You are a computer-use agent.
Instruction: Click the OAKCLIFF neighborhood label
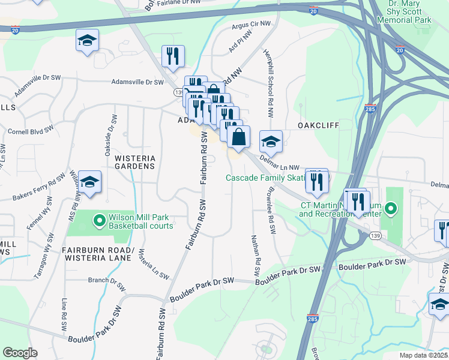point(319,125)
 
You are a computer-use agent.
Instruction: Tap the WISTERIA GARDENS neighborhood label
point(135,162)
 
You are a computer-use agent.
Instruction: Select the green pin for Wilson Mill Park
point(100,221)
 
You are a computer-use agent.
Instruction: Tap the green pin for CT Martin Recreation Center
point(390,209)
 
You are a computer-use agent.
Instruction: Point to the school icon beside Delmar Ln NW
point(271,142)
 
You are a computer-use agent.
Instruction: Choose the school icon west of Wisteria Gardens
point(89,182)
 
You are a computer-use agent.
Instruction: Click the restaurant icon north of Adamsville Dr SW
point(173,56)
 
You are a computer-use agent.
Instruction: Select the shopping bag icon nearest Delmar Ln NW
point(238,136)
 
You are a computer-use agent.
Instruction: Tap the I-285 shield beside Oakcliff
point(370,109)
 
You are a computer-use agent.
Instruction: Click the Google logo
point(20,353)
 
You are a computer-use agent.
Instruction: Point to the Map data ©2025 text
point(423,355)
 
